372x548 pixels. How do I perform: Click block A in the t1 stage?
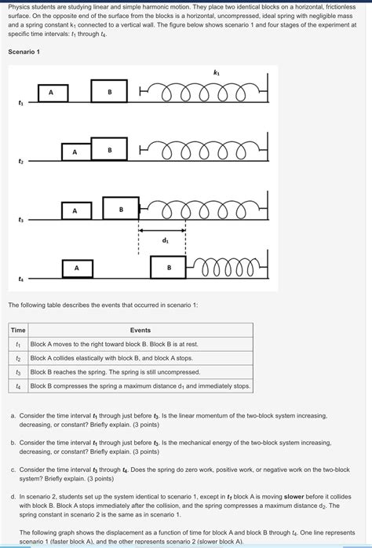coord(53,93)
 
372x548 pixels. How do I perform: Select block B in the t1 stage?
coord(109,91)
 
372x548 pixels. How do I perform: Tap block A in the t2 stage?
coord(76,152)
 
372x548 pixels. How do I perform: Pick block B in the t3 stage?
coord(121,208)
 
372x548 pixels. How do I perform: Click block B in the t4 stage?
coord(168,268)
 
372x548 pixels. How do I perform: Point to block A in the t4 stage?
coord(78,269)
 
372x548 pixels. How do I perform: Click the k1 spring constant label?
coord(216,73)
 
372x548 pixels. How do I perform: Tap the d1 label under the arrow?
coord(166,240)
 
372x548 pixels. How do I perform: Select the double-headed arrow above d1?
coord(162,230)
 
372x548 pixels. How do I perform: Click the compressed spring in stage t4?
coord(226,269)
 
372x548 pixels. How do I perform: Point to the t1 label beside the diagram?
coord(20,103)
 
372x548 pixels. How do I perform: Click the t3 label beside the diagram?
coord(20,220)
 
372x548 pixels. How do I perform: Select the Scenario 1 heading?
coord(24,52)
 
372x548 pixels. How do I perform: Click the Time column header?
coord(18,331)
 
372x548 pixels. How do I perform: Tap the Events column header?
coord(140,331)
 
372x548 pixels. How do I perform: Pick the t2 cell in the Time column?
coord(18,358)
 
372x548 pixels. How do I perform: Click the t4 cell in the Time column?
coord(18,386)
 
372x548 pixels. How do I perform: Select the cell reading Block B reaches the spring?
coord(140,372)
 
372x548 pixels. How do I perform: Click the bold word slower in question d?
coord(294,497)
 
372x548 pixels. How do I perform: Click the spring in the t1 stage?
coord(203,92)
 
